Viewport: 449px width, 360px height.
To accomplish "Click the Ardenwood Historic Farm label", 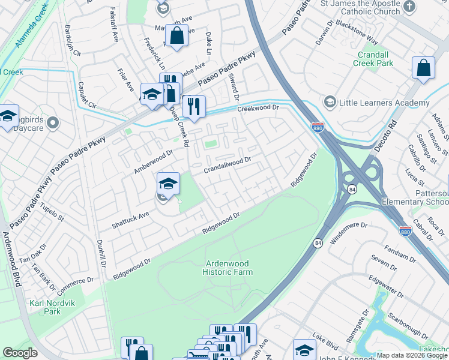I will (229, 268).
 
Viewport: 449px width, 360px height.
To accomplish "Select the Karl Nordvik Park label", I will (45, 307).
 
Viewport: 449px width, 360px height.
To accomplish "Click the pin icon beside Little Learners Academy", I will (329, 103).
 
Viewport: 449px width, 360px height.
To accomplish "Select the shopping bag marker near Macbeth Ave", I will (176, 37).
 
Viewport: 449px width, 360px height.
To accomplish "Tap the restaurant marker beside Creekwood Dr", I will (193, 106).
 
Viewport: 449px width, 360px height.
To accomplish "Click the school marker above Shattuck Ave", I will (169, 183).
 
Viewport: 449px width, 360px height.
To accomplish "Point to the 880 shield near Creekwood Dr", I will (318, 128).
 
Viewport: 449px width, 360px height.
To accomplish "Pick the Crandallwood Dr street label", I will (226, 163).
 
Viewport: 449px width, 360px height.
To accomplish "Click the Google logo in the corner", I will (20, 353).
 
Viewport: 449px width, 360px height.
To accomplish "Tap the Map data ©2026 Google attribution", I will (412, 355).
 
